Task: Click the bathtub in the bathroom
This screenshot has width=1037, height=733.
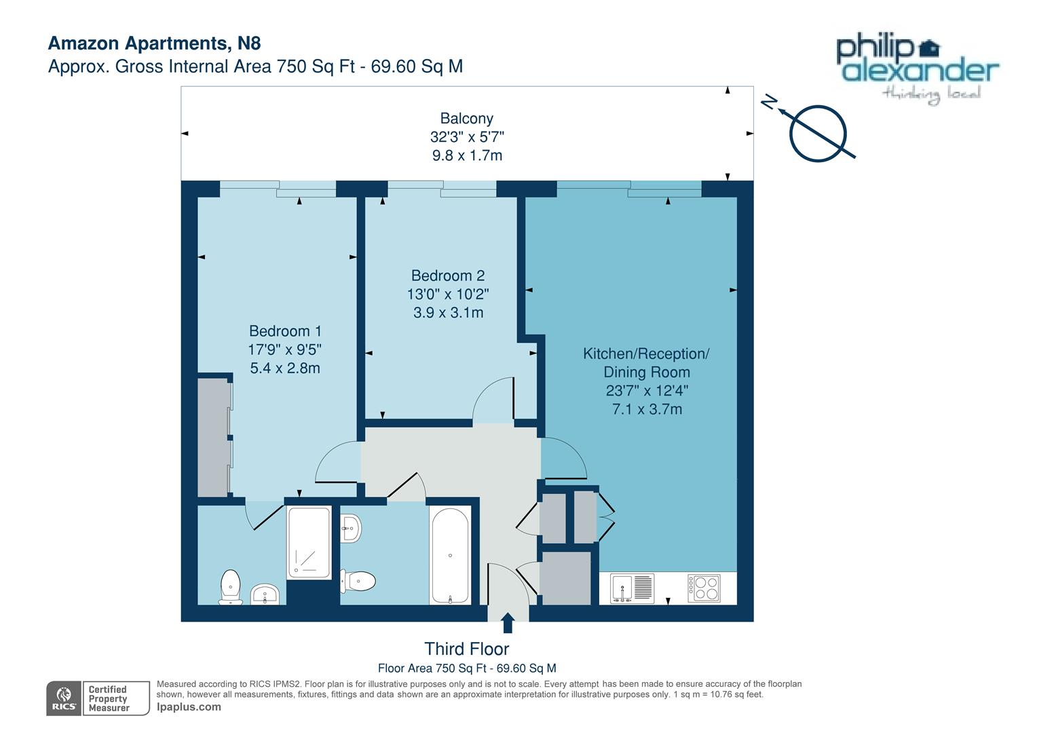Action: pyautogui.click(x=450, y=555)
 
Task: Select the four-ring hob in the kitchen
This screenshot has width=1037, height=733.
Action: pyautogui.click(x=704, y=588)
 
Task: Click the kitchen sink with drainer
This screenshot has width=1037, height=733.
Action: pyautogui.click(x=632, y=588)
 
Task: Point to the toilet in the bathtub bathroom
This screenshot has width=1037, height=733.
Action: pyautogui.click(x=359, y=581)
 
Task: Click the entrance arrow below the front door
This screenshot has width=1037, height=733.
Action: pyautogui.click(x=507, y=623)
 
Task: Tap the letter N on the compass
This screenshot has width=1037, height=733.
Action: pyautogui.click(x=768, y=102)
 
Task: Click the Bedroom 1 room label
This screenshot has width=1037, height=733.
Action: pyautogui.click(x=285, y=331)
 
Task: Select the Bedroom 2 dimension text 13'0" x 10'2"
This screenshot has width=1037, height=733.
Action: pyautogui.click(x=448, y=295)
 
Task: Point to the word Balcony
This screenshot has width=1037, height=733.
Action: pyautogui.click(x=466, y=118)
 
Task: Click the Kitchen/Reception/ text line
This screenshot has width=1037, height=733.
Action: pyautogui.click(x=646, y=354)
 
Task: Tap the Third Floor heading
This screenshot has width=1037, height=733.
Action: pyautogui.click(x=466, y=649)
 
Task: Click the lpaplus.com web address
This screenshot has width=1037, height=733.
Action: pyautogui.click(x=189, y=707)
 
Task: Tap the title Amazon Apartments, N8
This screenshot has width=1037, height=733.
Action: pyautogui.click(x=154, y=43)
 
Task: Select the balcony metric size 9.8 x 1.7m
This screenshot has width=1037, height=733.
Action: pyautogui.click(x=467, y=155)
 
